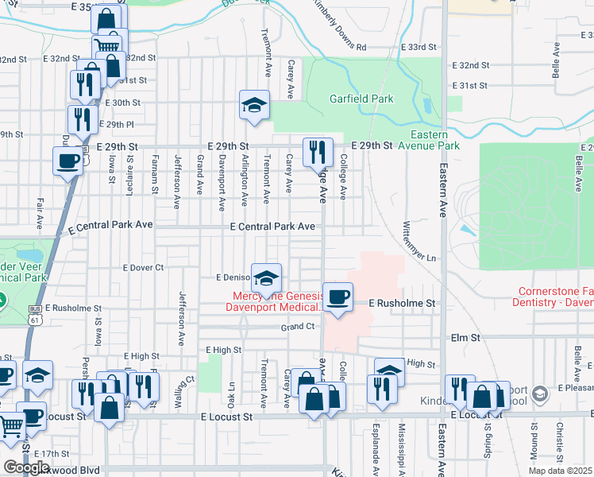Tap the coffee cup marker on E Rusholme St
[x=338, y=297]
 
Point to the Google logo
[x=26, y=467]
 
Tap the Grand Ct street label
[x=298, y=327]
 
